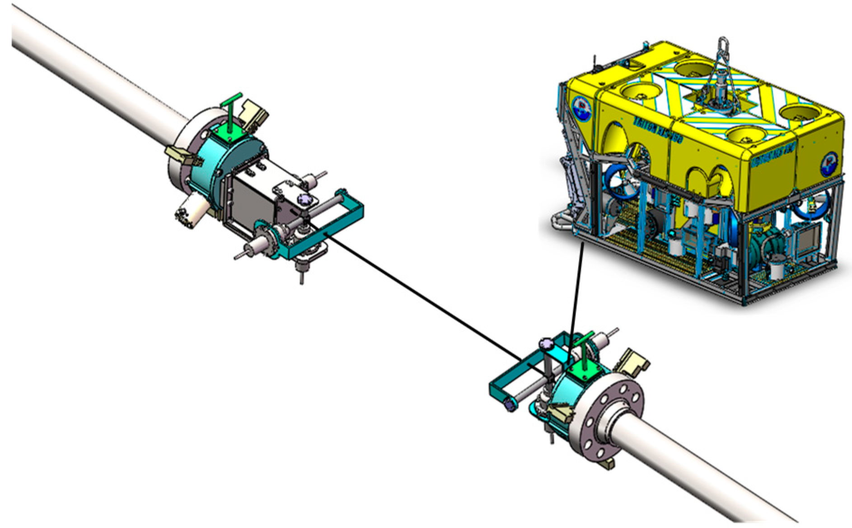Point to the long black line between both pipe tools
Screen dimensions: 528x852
tap(429, 298)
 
